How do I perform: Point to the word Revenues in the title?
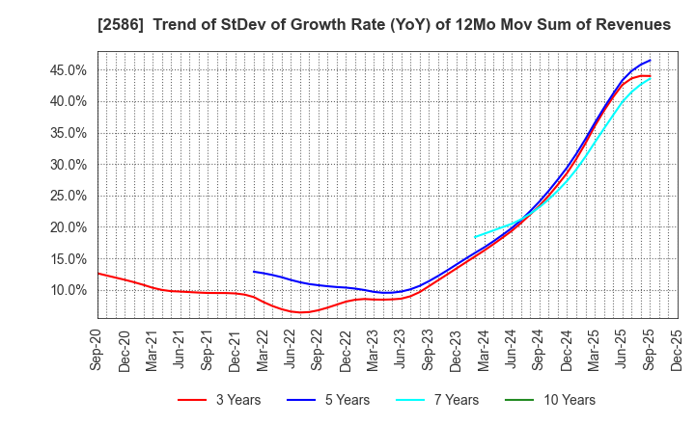point(629,24)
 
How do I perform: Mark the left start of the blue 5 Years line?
point(254,271)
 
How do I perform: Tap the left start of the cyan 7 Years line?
point(474,237)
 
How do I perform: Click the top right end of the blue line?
point(650,61)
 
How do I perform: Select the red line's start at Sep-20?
point(98,274)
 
